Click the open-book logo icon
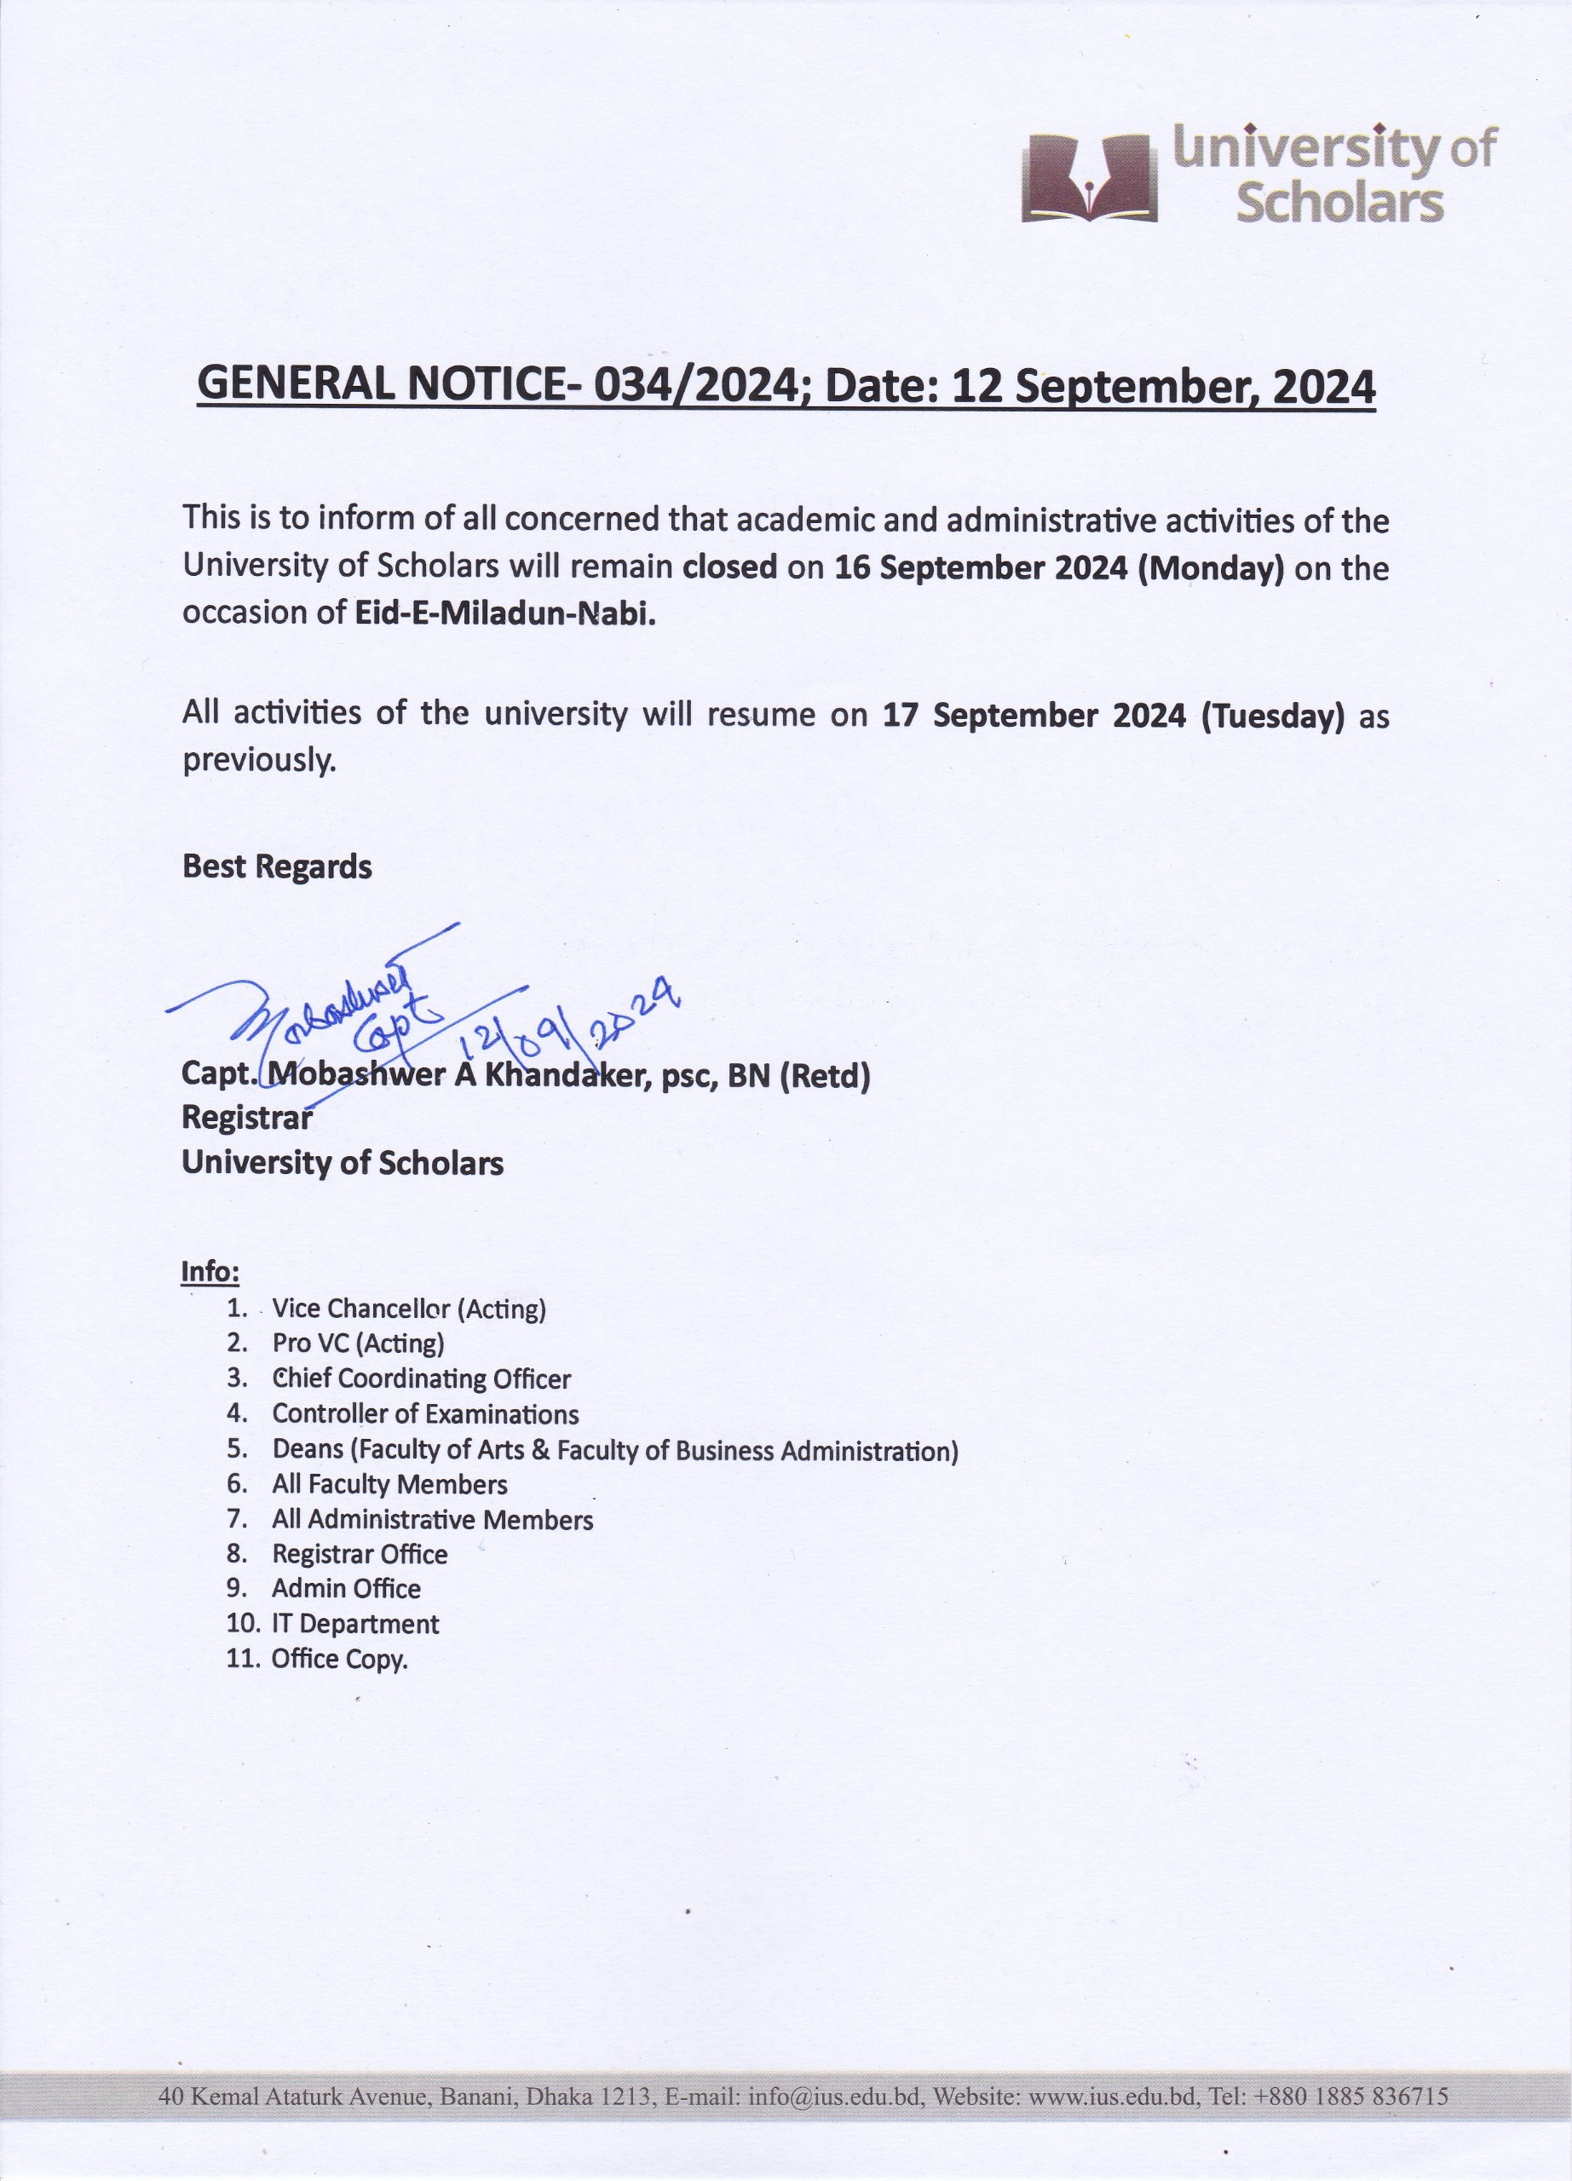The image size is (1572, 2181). [x=1090, y=178]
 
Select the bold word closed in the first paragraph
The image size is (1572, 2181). [x=728, y=567]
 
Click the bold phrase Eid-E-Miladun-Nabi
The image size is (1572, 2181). [x=504, y=613]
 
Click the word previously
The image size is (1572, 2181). [x=260, y=761]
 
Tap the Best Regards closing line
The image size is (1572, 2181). [x=277, y=866]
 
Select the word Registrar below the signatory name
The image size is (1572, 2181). [x=247, y=1118]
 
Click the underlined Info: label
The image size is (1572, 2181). [x=210, y=1271]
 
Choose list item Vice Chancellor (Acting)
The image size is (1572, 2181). [x=409, y=1309]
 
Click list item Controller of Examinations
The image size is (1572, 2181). [x=425, y=1413]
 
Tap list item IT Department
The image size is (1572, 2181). [x=354, y=1624]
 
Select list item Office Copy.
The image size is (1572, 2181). [x=339, y=1659]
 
